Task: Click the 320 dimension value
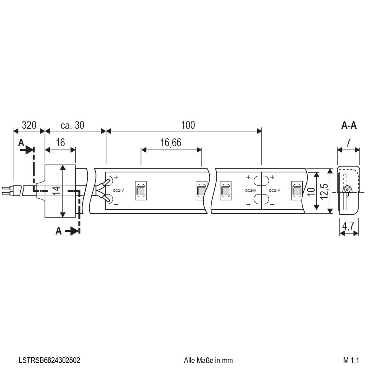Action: pyautogui.click(x=29, y=125)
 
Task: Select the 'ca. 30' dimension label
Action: pyautogui.click(x=72, y=125)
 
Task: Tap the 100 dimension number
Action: pyautogui.click(x=188, y=125)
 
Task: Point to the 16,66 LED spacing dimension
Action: pyautogui.click(x=171, y=143)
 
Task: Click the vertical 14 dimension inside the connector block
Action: pyautogui.click(x=56, y=191)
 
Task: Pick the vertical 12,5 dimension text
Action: pyautogui.click(x=324, y=191)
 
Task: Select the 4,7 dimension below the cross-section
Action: pyautogui.click(x=349, y=226)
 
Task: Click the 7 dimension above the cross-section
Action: pyautogui.click(x=348, y=143)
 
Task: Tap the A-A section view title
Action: pyautogui.click(x=349, y=126)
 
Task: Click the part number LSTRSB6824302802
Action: pyautogui.click(x=49, y=360)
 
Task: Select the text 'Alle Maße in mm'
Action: pyautogui.click(x=208, y=360)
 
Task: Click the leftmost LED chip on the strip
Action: pyautogui.click(x=140, y=191)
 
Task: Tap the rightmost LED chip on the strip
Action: pyautogui.click(x=297, y=191)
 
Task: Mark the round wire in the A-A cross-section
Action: pyautogui.click(x=347, y=190)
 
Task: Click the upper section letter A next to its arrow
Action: pyautogui.click(x=21, y=143)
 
